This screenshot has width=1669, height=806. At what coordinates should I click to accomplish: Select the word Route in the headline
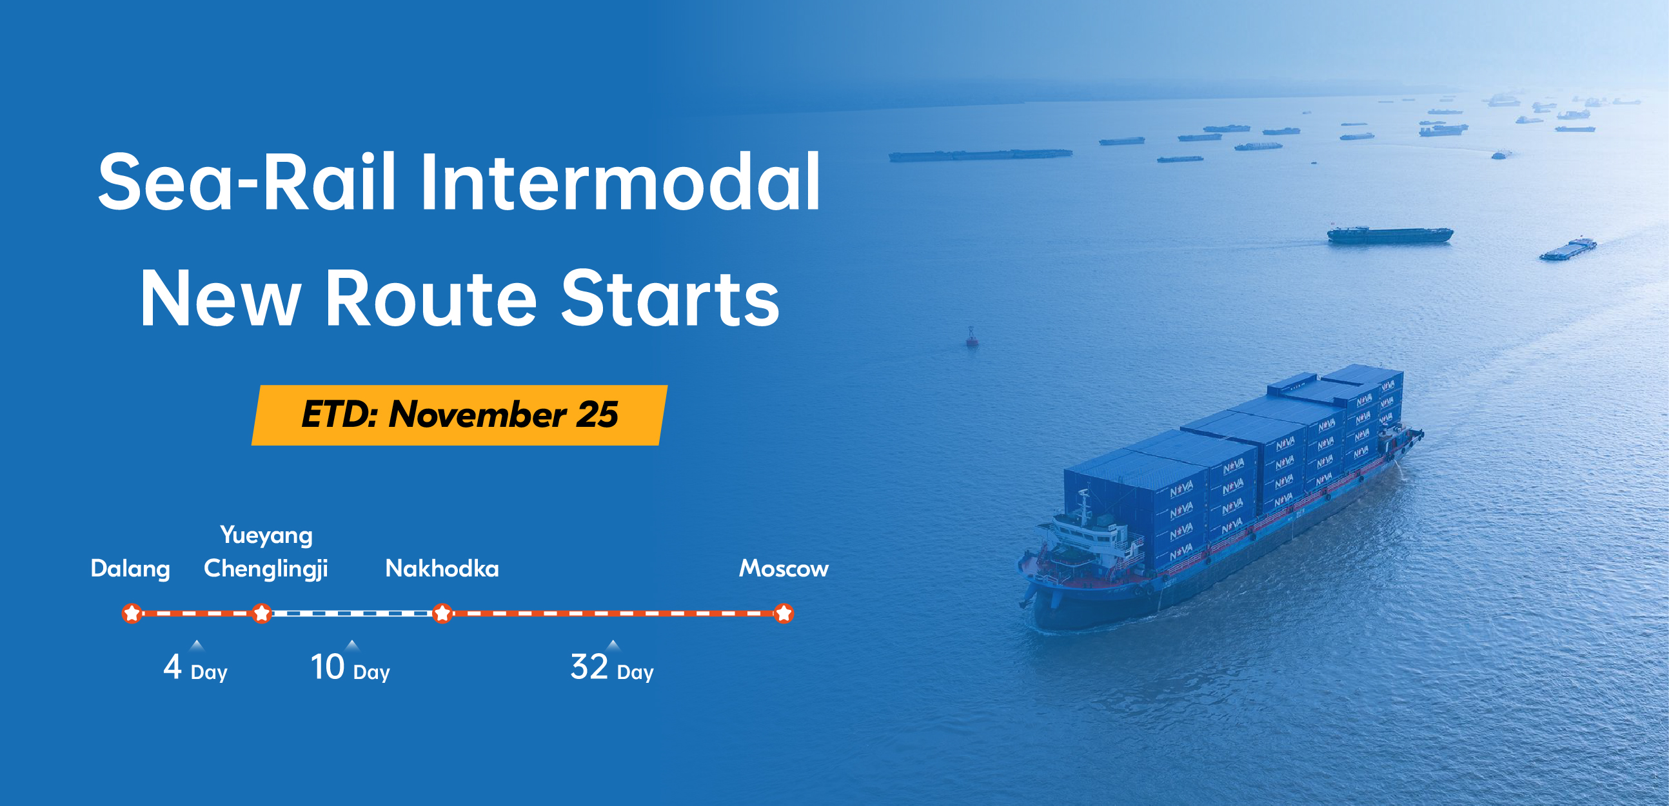(x=431, y=299)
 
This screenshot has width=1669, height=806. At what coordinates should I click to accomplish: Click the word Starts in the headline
(x=670, y=299)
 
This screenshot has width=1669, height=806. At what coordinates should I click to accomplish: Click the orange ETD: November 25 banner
(x=459, y=415)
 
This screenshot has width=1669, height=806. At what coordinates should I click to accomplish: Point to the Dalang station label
(x=130, y=569)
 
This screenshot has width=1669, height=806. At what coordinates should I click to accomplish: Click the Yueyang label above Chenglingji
(x=266, y=536)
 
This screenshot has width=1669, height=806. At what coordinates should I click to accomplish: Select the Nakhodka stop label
(x=442, y=569)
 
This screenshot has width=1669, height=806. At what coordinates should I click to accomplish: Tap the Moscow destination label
(x=784, y=569)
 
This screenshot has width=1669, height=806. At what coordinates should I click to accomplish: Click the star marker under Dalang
(x=132, y=613)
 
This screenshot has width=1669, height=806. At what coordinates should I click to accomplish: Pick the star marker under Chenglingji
(x=262, y=613)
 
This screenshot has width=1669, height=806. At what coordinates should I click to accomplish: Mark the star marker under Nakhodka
(x=442, y=613)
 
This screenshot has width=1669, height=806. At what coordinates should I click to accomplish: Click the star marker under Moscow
(x=784, y=613)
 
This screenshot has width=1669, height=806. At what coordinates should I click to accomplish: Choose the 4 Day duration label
(x=195, y=667)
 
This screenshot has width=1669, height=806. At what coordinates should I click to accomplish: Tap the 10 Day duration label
(x=351, y=667)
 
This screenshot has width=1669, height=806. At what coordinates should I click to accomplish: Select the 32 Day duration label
(x=612, y=667)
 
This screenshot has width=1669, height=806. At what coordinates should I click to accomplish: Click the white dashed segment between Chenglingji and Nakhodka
(x=352, y=613)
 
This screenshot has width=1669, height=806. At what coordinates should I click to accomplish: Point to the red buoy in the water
(x=972, y=337)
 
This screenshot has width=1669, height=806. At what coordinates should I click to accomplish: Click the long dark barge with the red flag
(x=1390, y=235)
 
